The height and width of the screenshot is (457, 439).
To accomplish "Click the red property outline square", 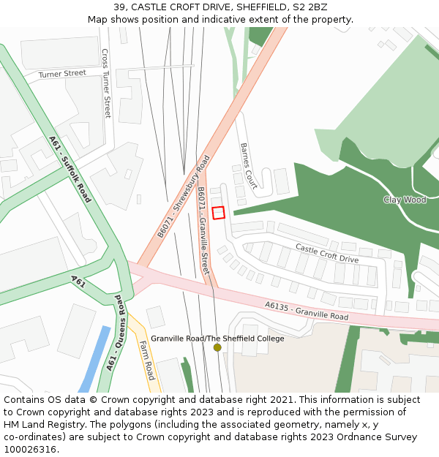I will click(x=218, y=213).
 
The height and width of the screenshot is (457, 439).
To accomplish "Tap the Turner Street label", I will click(x=62, y=74).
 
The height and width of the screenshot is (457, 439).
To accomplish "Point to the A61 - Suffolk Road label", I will click(x=70, y=169).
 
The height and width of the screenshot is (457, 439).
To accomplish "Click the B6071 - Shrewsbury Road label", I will click(x=184, y=196).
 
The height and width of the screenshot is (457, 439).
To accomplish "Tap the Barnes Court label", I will click(x=248, y=166).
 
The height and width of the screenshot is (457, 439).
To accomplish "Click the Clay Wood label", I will click(x=404, y=200).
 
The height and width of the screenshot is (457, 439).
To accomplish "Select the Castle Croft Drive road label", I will click(x=327, y=254).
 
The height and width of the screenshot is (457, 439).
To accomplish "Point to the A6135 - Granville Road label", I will click(x=307, y=311).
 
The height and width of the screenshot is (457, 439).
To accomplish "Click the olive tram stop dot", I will click(x=217, y=347).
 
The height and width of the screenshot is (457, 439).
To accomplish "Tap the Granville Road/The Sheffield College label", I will click(x=217, y=339).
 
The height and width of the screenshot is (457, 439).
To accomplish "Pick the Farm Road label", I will click(x=147, y=360).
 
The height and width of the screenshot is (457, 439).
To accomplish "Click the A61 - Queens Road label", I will click(x=117, y=332).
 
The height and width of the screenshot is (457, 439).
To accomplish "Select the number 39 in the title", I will click(x=119, y=7).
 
